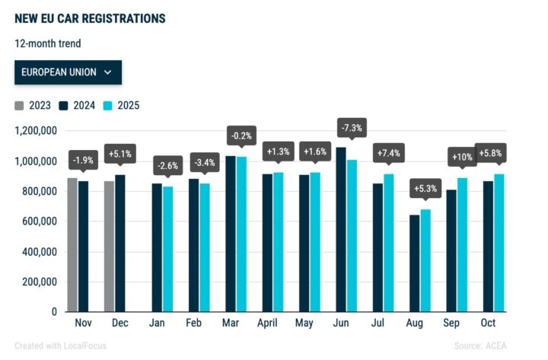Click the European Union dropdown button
point(68,72)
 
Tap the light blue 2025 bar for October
point(499,243)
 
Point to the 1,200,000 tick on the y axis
point(37,131)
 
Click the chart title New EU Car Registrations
point(90,18)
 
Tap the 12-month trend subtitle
point(47,43)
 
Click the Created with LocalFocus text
point(60,346)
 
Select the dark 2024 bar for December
point(120,243)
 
